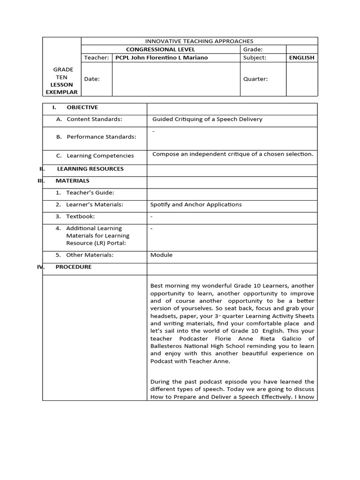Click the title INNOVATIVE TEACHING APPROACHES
point(199,41)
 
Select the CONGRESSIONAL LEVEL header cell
point(160,49)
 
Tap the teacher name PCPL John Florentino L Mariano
point(162,58)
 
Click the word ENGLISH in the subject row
point(302,58)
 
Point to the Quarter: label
point(255,79)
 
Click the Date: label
point(92,79)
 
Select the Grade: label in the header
point(253,49)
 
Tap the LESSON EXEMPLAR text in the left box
point(61,89)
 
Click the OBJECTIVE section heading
point(82,107)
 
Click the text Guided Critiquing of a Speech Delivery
point(207,119)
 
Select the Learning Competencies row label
point(100,156)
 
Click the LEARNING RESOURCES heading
point(90,169)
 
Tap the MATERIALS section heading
point(72,180)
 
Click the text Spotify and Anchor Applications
point(196,204)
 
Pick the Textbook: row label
point(80,217)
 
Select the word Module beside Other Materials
point(161,255)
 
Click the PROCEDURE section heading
point(74,267)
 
